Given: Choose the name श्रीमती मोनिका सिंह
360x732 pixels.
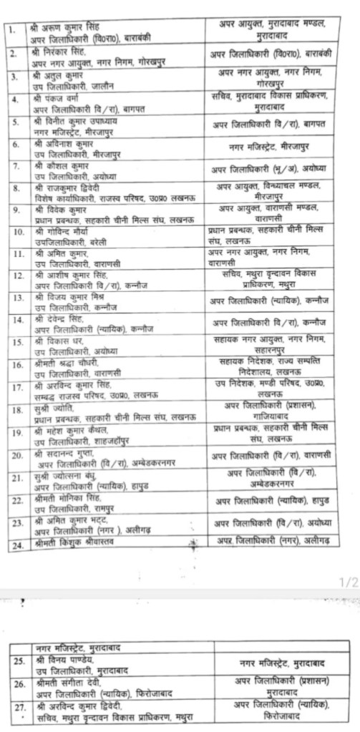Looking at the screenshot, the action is coord(64,500).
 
